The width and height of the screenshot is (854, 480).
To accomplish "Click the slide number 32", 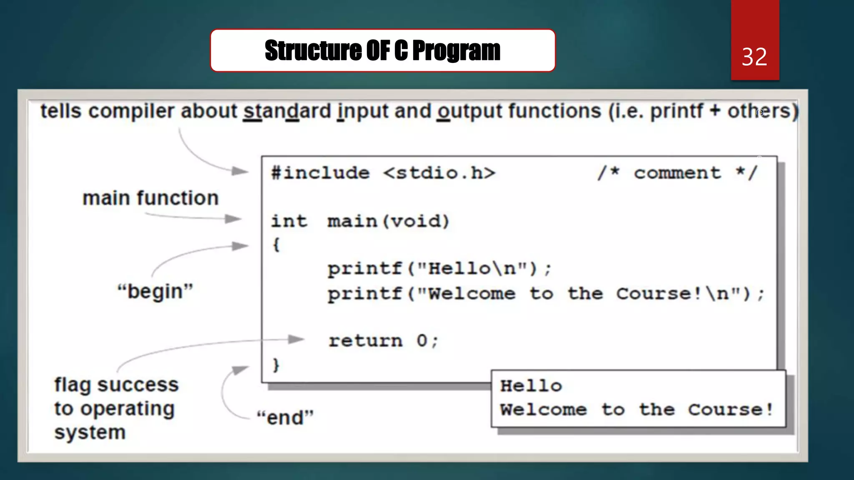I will (x=754, y=57).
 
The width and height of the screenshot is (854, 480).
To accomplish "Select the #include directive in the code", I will (x=320, y=173).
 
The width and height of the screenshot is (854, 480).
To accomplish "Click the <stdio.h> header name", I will (x=439, y=173).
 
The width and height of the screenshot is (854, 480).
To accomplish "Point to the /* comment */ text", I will (x=677, y=173).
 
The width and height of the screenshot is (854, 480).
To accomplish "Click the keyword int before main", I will (x=289, y=221).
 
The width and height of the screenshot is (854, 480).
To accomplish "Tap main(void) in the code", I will (x=388, y=221).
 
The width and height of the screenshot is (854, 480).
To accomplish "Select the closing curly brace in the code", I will (x=276, y=365).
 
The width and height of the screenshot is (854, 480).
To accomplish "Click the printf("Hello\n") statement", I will (x=439, y=269).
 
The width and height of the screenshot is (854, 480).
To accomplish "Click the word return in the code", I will (x=366, y=341).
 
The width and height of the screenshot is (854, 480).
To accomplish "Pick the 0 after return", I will (x=422, y=341).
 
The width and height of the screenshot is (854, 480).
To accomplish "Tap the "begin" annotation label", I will (x=155, y=291).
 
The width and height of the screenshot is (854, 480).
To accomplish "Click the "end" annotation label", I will (x=285, y=417).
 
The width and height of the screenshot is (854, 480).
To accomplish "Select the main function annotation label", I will (x=151, y=198).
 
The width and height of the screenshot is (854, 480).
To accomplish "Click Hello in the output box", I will (x=531, y=386).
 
